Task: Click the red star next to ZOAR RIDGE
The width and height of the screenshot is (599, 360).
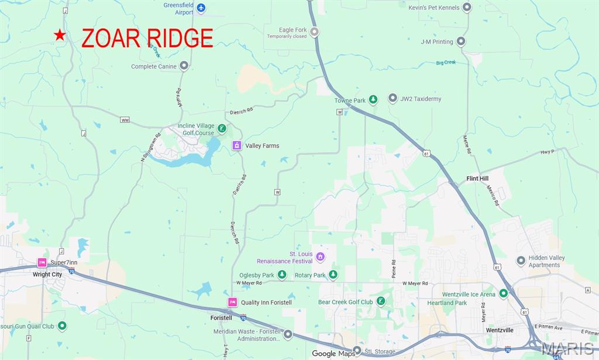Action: pos(60,36)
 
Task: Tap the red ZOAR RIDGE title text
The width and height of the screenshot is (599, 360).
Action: pos(147,38)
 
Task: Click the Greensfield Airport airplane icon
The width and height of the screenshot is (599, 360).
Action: pos(201,8)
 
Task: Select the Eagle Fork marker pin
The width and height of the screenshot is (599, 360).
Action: pos(315,32)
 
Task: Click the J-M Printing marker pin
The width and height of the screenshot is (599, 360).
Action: pos(461,42)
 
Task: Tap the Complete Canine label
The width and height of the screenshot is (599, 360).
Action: pos(153,66)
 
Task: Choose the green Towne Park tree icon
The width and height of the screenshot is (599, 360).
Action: pos(373,100)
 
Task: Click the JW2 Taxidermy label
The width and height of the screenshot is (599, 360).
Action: pos(421,99)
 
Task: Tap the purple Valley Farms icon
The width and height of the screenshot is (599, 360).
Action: pos(237,145)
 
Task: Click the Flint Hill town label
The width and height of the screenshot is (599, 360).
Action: pos(477,179)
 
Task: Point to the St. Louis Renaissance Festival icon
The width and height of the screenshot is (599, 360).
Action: pos(320,256)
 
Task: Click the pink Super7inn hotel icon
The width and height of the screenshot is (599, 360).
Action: pos(42,262)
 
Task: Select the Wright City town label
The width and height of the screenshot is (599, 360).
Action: pos(47,274)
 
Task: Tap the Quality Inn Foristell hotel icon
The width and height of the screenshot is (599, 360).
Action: pos(232,302)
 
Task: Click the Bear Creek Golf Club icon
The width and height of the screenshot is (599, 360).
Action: pos(381,301)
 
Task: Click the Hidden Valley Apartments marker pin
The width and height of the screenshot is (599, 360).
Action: pos(520,260)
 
